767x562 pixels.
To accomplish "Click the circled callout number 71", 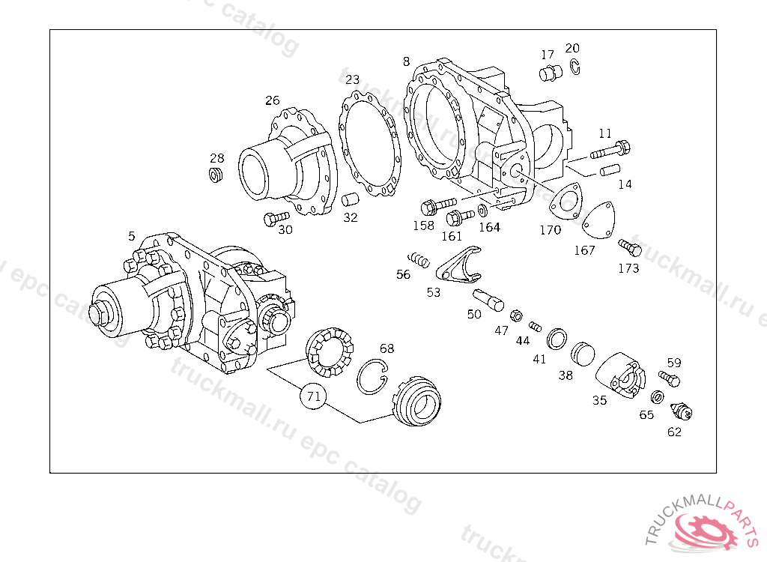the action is pyautogui.click(x=314, y=396).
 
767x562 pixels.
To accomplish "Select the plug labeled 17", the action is pyautogui.click(x=550, y=73).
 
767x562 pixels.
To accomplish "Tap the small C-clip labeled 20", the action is pyautogui.click(x=574, y=67).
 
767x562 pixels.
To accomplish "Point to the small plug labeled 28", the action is pyautogui.click(x=216, y=175).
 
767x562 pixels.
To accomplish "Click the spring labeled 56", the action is pyautogui.click(x=416, y=259).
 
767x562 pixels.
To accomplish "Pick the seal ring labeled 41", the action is pyautogui.click(x=557, y=339).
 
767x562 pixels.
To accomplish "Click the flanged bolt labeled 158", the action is pyautogui.click(x=438, y=205).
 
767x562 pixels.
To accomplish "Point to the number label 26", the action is pyautogui.click(x=272, y=100).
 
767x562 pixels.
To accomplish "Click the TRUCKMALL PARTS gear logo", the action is pyautogui.click(x=706, y=531).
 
